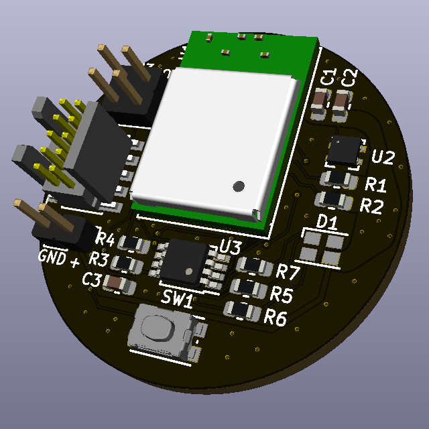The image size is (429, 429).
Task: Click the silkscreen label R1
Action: pyautogui.click(x=375, y=184)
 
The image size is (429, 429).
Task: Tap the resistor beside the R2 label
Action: pyautogui.click(x=334, y=200)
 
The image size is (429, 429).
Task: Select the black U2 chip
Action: pyautogui.click(x=345, y=150)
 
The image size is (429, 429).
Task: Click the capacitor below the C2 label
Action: pyautogui.click(x=342, y=106)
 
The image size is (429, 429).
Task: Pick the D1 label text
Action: pyautogui.click(x=326, y=222)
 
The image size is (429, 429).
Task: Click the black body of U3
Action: pyautogui.click(x=184, y=262)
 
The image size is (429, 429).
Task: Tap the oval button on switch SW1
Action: pyautogui.click(x=158, y=328)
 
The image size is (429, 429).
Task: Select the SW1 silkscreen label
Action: pyautogui.click(x=177, y=298)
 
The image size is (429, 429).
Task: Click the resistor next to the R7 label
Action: pyautogui.click(x=255, y=266)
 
